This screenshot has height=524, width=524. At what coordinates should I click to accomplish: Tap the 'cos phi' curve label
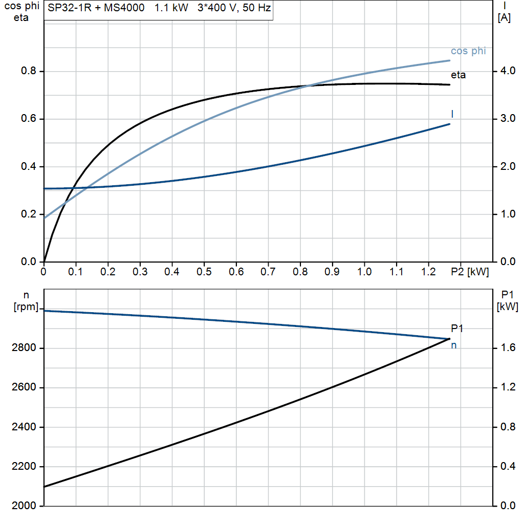pos(468,51)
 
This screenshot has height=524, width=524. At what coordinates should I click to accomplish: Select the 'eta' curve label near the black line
pos(458,75)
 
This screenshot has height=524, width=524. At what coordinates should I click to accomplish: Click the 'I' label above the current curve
pos(452,114)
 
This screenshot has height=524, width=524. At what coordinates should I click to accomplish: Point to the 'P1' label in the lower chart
pos(456,329)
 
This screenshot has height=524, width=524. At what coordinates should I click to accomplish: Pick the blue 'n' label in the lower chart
pos(453,345)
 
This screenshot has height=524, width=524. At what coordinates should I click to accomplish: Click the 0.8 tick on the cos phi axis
pos(29,71)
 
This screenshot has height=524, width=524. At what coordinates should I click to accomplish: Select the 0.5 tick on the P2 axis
pos(204,272)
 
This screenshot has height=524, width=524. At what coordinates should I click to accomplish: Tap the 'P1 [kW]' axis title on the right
pos(508,300)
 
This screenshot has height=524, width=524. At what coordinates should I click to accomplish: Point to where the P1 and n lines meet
pos(449,339)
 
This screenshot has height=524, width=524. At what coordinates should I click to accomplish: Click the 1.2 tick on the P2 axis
pos(429,272)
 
